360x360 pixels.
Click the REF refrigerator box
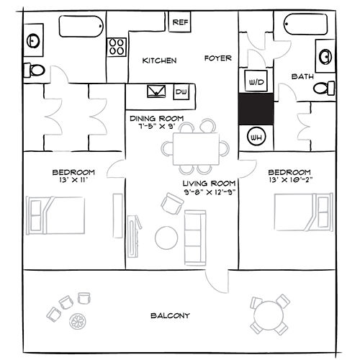click(180, 22)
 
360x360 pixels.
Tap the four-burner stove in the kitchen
click(117, 47)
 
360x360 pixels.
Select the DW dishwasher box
click(181, 91)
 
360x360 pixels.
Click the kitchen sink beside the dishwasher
click(156, 91)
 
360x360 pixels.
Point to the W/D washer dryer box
click(256, 81)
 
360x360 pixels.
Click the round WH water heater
click(256, 137)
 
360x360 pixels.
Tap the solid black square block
click(256, 109)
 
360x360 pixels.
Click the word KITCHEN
click(159, 60)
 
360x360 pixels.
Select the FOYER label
click(218, 58)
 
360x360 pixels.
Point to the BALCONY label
click(170, 315)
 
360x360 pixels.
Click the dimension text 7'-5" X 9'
click(156, 126)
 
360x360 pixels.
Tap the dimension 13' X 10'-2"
click(291, 180)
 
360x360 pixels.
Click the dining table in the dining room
click(196, 149)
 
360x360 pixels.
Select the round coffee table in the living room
click(166, 238)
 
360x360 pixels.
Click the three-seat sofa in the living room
click(195, 238)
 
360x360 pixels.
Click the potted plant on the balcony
click(78, 321)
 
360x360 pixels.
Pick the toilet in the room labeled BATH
click(324, 88)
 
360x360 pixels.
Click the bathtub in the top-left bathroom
click(81, 27)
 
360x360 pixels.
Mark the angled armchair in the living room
click(172, 204)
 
